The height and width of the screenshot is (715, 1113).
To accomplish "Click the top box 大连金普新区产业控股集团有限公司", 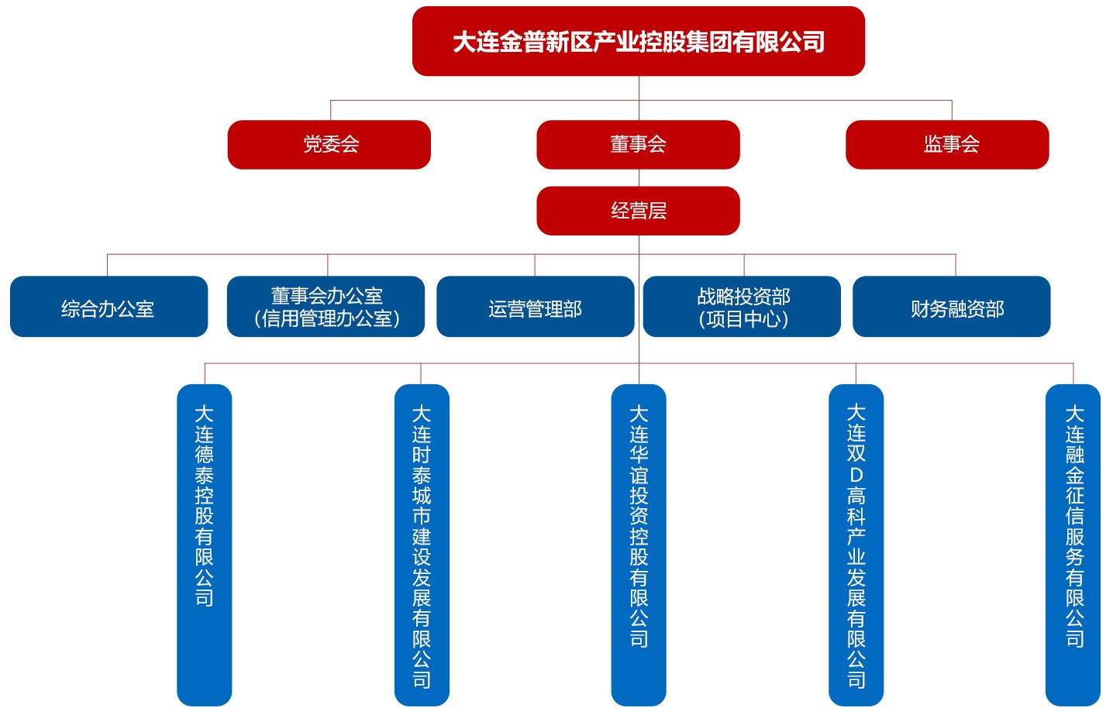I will pyautogui.click(x=638, y=41).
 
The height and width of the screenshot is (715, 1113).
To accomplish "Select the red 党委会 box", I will pyautogui.click(x=329, y=144).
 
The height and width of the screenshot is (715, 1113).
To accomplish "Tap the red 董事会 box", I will pyautogui.click(x=638, y=144).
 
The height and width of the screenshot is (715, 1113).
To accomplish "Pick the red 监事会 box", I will pyautogui.click(x=947, y=144).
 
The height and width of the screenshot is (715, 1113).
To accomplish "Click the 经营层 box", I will pyautogui.click(x=638, y=210).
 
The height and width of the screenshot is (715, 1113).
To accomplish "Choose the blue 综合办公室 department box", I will pyautogui.click(x=109, y=307).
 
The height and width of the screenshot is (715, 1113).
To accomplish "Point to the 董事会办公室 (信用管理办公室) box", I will pyautogui.click(x=326, y=307).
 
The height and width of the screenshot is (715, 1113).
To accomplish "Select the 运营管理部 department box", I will pyautogui.click(x=535, y=307).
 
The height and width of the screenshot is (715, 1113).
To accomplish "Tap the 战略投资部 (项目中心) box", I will pyautogui.click(x=742, y=307).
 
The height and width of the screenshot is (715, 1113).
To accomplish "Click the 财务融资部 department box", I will pyautogui.click(x=951, y=307).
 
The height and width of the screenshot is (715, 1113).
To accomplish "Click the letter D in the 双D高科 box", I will pyautogui.click(x=856, y=474).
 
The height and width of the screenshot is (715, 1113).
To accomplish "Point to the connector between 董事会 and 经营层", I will pyautogui.click(x=639, y=177).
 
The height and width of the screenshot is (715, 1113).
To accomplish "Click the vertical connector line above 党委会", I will pyautogui.click(x=331, y=110).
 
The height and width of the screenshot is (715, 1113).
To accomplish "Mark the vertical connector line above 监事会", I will pyautogui.click(x=952, y=110).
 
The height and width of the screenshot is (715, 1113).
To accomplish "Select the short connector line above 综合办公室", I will pyautogui.click(x=107, y=265).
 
